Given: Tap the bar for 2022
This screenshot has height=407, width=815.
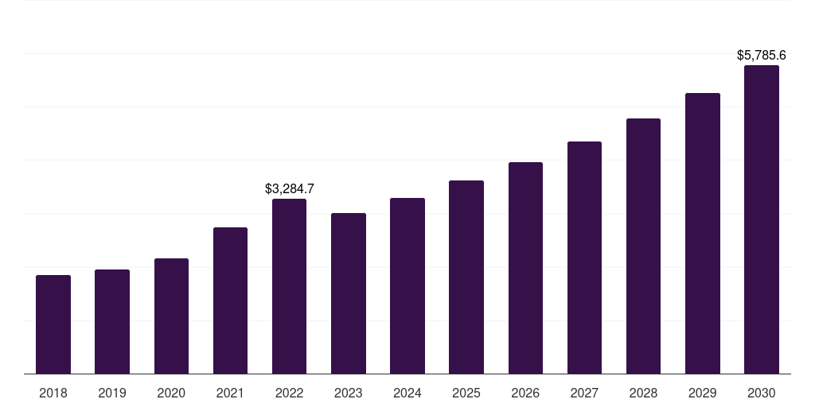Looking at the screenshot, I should point(289,286).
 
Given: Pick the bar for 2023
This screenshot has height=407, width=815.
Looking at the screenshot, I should point(349,293).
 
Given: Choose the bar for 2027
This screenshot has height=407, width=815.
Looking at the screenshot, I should point(584,258).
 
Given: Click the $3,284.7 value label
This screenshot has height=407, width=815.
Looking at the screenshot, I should point(290,188).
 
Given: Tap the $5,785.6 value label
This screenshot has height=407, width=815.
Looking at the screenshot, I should point(761,56).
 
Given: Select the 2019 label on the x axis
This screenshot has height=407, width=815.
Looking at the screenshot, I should point(112,393).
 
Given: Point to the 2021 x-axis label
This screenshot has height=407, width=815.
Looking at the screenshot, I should point(230,393).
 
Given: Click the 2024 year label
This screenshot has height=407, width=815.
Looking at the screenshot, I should point(407,393).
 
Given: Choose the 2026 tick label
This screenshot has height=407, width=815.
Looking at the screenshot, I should point(525,393).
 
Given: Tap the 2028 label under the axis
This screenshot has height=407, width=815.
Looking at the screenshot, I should point(643,393).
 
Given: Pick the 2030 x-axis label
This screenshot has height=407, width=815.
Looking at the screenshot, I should point(762,393).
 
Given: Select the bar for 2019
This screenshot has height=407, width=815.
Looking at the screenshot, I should point(112,321).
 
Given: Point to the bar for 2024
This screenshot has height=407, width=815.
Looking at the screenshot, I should point(407,285).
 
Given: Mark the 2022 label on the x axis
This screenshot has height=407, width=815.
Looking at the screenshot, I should point(289,393).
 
